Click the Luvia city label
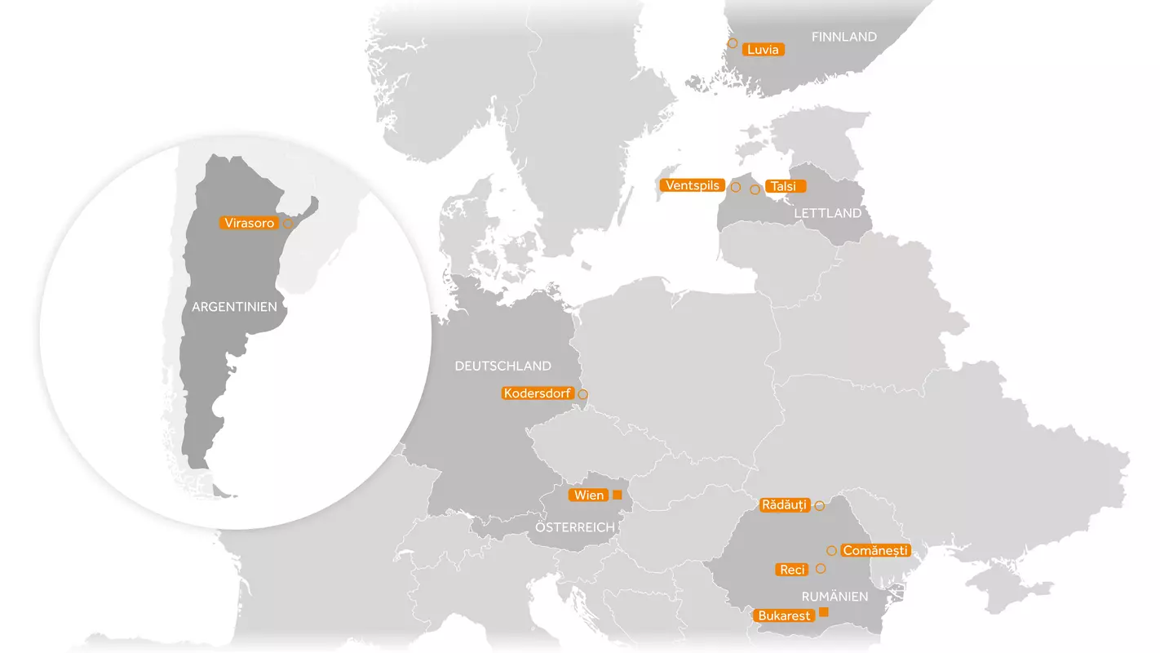pyautogui.click(x=764, y=50)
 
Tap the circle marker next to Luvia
pyautogui.click(x=733, y=42)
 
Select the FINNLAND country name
pyautogui.click(x=843, y=37)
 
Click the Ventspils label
pyautogui.click(x=693, y=185)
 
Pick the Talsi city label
pyautogui.click(x=783, y=186)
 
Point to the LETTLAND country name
pyautogui.click(x=827, y=213)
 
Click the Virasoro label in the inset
pyautogui.click(x=249, y=223)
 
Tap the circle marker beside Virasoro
pyautogui.click(x=288, y=223)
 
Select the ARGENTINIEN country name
pyautogui.click(x=234, y=307)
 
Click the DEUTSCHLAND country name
pyautogui.click(x=503, y=366)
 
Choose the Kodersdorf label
pyautogui.click(x=537, y=393)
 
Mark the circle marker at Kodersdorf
pyautogui.click(x=582, y=394)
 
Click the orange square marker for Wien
pyautogui.click(x=617, y=495)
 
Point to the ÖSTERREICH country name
pyautogui.click(x=575, y=527)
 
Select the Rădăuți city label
pyautogui.click(x=783, y=505)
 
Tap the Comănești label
pyautogui.click(x=874, y=551)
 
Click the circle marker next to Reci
pyautogui.click(x=821, y=568)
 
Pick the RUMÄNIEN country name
pyautogui.click(x=835, y=597)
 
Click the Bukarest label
pyautogui.click(x=784, y=615)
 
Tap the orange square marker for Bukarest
pyautogui.click(x=824, y=612)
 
